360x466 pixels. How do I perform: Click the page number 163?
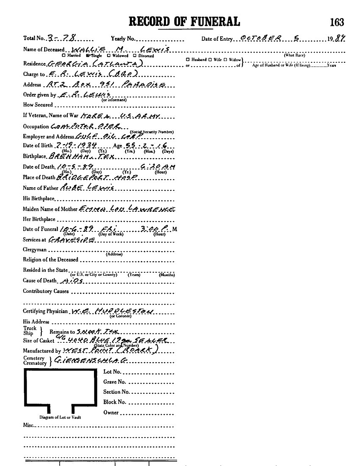pyautogui.click(x=337, y=22)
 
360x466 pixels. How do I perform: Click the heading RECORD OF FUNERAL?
pyautogui.click(x=184, y=21)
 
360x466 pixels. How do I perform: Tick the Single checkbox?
pyautogui.click(x=88, y=56)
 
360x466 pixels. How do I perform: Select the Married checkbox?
pyautogui.click(x=64, y=56)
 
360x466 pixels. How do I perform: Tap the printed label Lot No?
pyautogui.click(x=112, y=372)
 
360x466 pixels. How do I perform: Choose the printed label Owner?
pyautogui.click(x=111, y=412)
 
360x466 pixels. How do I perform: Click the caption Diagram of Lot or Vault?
pyautogui.click(x=60, y=417)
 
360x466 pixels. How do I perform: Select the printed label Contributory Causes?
pyautogui.click(x=46, y=291)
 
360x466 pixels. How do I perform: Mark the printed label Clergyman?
pyautogui.click(x=35, y=250)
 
